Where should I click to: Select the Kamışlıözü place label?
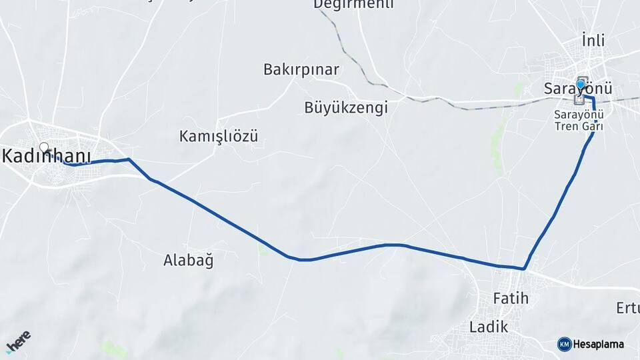218,137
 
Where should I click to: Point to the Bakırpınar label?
301,69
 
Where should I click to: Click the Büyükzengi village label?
345,107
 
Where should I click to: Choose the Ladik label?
488,327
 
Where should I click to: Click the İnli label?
593,41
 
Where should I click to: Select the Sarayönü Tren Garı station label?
579,120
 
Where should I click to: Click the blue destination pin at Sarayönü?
581,85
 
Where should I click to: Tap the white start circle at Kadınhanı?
44,147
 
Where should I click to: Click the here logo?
18,341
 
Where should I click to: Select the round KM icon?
564,344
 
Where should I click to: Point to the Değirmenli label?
353,5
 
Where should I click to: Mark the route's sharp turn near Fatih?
525,269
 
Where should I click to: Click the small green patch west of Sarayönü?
497,140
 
